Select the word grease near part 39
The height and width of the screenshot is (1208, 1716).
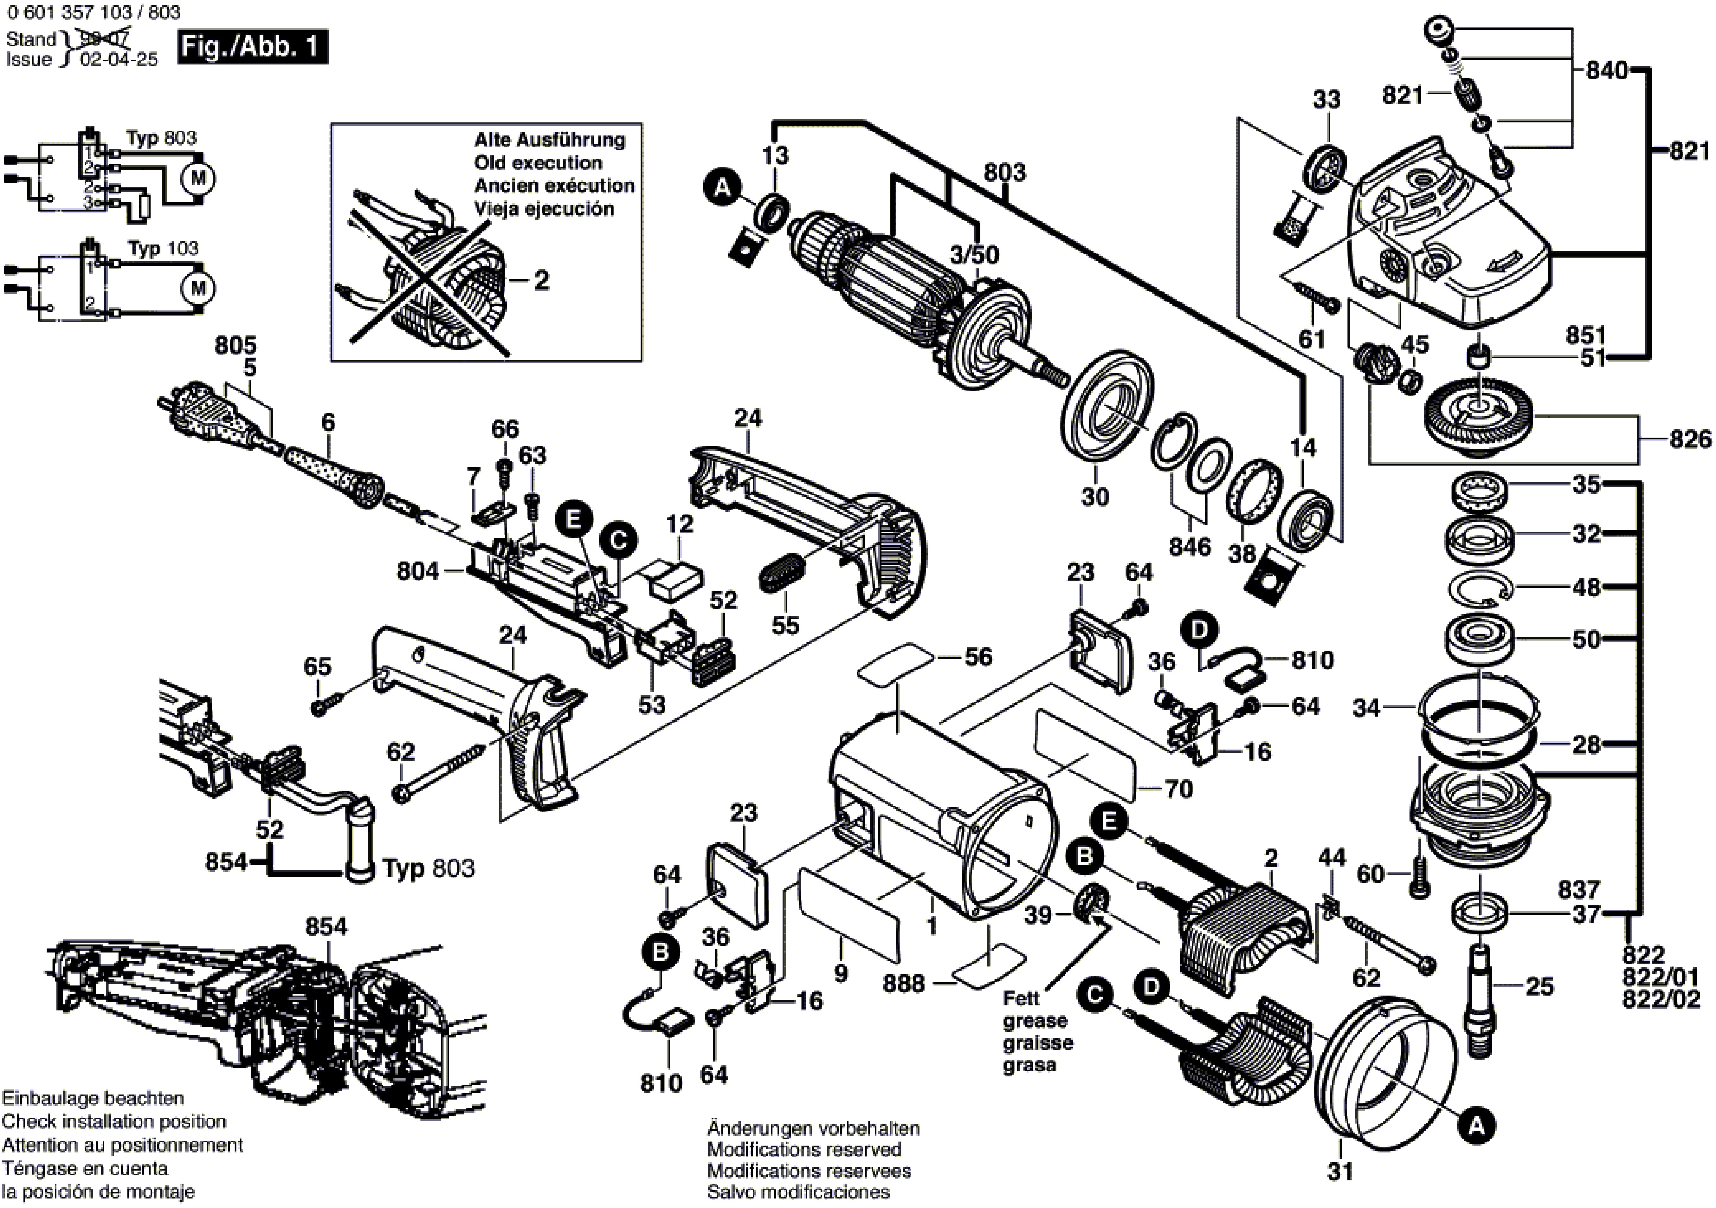click(x=1034, y=1021)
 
